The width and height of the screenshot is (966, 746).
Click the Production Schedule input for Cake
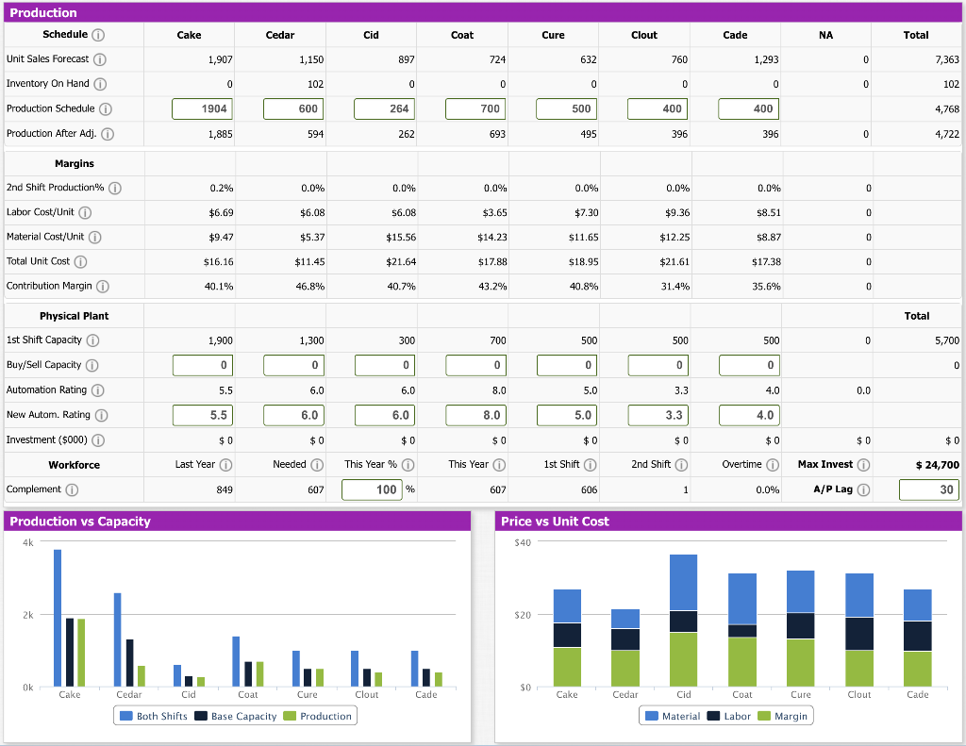[202, 108]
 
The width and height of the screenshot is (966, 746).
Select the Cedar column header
[280, 35]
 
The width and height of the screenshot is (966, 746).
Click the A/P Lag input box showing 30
[928, 489]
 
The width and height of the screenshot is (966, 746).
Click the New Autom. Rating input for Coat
[475, 415]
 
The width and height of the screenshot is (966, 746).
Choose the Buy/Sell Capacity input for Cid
[384, 365]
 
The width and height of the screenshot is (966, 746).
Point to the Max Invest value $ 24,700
[937, 465]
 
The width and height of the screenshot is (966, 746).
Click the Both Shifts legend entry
[153, 716]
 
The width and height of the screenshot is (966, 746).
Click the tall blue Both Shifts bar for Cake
[58, 617]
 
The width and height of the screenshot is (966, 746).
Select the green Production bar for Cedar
[142, 675]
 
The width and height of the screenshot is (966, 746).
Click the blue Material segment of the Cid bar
[684, 582]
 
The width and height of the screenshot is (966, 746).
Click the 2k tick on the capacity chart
[28, 615]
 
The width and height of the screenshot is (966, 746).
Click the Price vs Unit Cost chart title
[555, 522]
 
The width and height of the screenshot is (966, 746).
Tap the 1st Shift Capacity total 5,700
[946, 340]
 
